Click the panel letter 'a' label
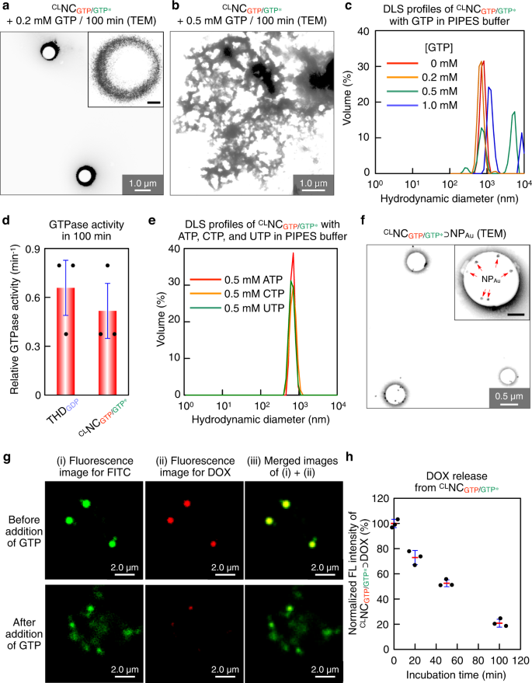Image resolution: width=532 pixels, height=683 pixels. click(5, 7)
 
